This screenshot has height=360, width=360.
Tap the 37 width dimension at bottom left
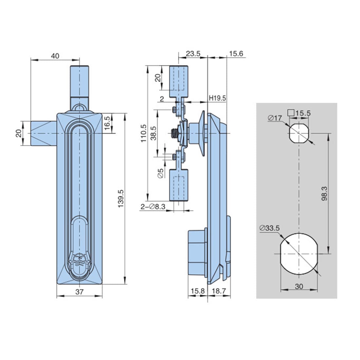pos(79,292)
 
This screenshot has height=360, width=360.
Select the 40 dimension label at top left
pos(55,56)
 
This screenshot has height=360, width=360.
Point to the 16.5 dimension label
pos(107,123)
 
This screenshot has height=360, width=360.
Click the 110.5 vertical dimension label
pos(143,133)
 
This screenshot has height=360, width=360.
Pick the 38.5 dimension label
pos(153,133)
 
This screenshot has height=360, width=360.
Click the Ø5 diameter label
pos(160,173)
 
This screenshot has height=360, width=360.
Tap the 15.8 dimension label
pos(197,291)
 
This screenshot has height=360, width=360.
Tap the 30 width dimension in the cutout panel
pos(299,286)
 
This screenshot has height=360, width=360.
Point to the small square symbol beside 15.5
pos(290,113)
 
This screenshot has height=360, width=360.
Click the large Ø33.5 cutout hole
pos(299,253)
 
